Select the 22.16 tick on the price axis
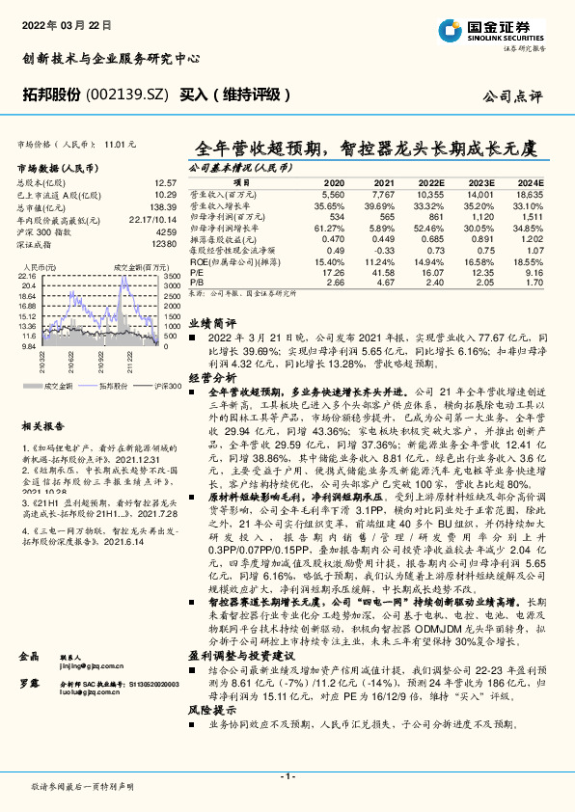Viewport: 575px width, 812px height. point(28,275)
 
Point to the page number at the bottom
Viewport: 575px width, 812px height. point(287,776)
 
